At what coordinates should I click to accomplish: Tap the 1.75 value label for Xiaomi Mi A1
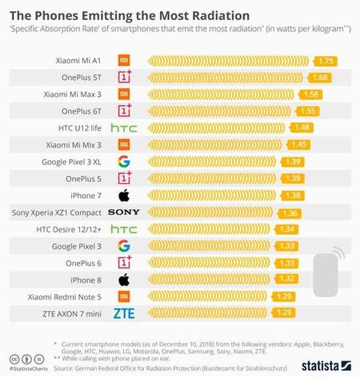coord(325,60)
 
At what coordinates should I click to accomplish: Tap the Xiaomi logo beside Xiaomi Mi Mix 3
coord(123,144)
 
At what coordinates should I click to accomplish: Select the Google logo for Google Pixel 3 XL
coord(123,161)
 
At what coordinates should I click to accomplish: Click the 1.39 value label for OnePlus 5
coord(292,178)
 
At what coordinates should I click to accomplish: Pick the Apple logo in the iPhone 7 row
coord(123,195)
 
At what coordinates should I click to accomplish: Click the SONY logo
coord(123,212)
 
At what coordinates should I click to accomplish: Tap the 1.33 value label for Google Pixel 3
coord(287,246)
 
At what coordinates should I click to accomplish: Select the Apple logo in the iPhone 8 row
coord(123,279)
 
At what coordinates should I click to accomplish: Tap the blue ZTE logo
coord(123,313)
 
